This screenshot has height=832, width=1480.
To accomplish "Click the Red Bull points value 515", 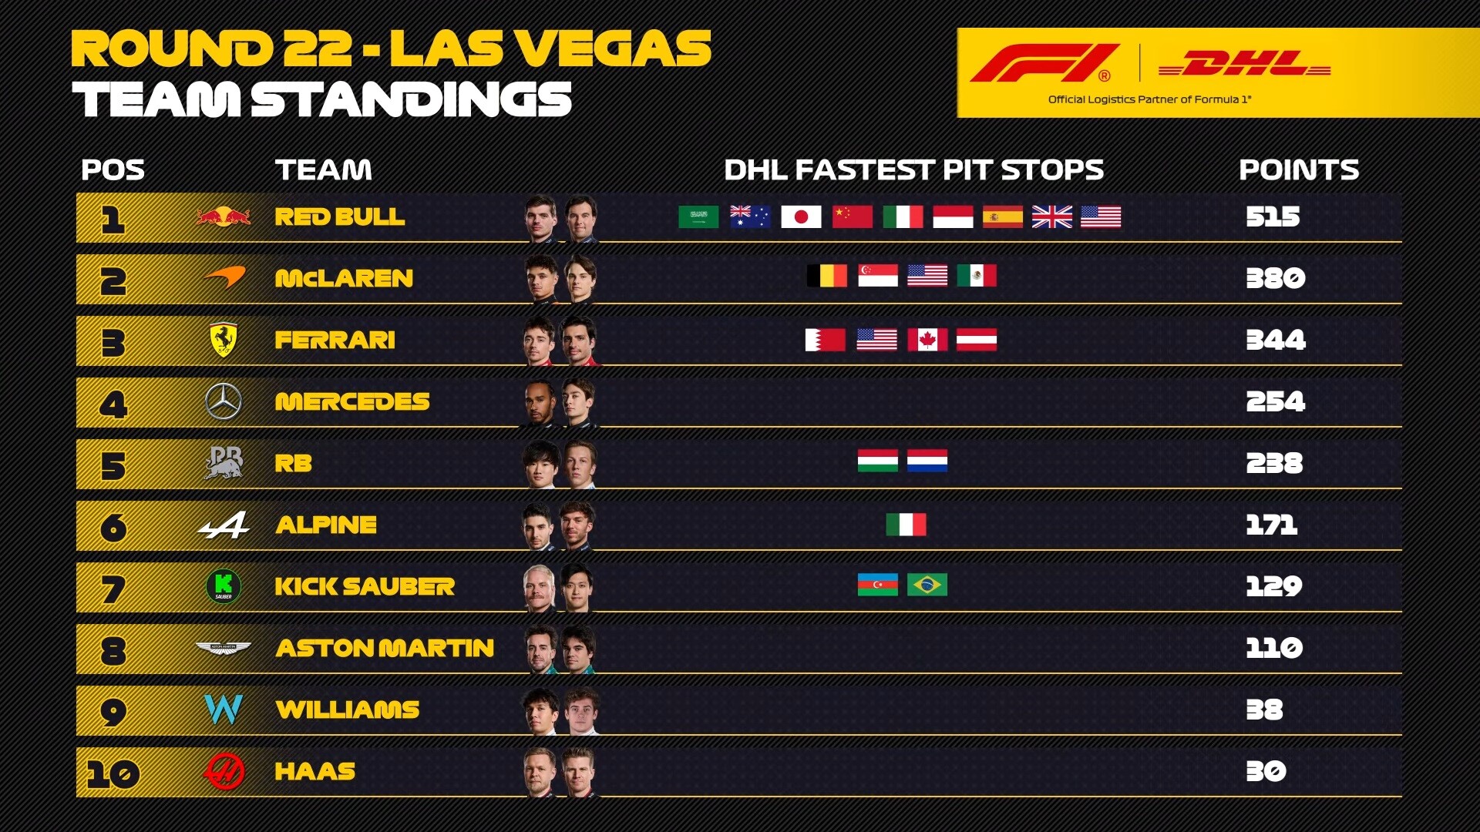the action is click(1273, 216).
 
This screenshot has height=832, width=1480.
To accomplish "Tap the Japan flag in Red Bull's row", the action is click(801, 216).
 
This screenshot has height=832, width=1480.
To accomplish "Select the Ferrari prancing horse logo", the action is click(224, 340).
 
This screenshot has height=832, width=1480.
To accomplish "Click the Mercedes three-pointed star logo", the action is click(224, 401).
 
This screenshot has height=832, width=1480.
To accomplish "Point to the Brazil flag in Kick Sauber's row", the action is click(927, 585).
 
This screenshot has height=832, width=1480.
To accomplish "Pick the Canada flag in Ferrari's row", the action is click(927, 340).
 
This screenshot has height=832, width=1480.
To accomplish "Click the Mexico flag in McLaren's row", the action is click(977, 275).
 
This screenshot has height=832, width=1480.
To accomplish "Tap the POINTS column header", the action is click(1299, 169).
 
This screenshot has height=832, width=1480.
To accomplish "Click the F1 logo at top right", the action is click(1044, 63).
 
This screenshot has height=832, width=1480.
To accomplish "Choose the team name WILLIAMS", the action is click(348, 710).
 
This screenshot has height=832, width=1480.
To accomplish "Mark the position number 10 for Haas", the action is click(113, 773).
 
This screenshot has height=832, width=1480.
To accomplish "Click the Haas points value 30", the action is click(1266, 771).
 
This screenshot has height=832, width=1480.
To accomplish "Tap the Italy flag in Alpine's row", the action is click(906, 525).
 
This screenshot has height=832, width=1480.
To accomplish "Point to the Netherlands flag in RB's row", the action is click(927, 460).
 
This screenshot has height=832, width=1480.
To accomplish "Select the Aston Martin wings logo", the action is click(224, 649).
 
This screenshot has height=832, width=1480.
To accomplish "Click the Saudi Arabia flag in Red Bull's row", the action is click(698, 216).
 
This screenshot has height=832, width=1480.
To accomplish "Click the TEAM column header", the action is click(324, 169).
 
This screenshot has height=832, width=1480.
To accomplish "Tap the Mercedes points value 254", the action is click(1276, 401).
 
